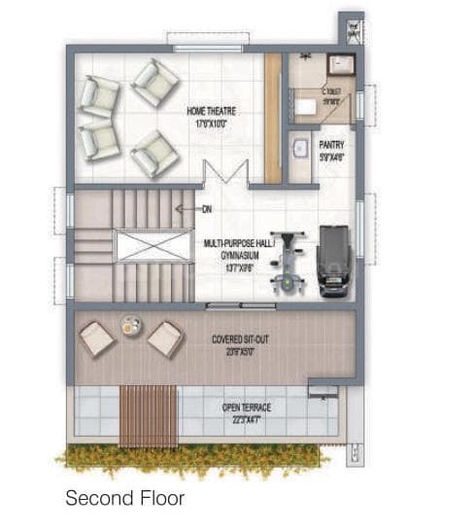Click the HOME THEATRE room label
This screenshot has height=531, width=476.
pyautogui.click(x=212, y=117)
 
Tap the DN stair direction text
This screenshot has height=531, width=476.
pyautogui.click(x=206, y=209)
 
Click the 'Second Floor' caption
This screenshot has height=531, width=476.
pyautogui.click(x=124, y=499)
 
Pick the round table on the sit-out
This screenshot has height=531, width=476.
pyautogui.click(x=130, y=325)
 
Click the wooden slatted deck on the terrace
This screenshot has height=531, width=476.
pyautogui.click(x=149, y=415)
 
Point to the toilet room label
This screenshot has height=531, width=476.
pyautogui.click(x=331, y=96)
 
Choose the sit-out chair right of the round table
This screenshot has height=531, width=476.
pyautogui.click(x=164, y=338)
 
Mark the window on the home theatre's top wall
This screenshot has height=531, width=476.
pyautogui.click(x=201, y=39)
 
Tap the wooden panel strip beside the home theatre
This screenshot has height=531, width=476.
pyautogui.click(x=273, y=117)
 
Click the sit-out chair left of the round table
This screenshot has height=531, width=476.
pyautogui.click(x=97, y=337)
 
